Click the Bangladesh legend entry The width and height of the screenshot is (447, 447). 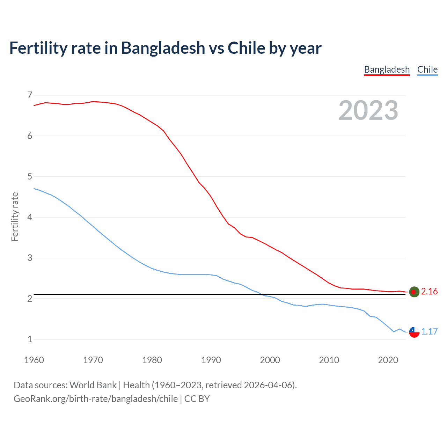click(x=387, y=69)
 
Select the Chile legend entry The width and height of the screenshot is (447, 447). click(x=427, y=69)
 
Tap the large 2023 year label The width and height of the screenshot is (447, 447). click(x=368, y=110)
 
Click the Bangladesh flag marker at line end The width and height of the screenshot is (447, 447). click(x=414, y=292)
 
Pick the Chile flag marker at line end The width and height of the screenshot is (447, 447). click(x=414, y=332)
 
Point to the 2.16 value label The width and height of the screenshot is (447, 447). click(x=429, y=292)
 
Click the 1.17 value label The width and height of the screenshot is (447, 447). click(x=429, y=332)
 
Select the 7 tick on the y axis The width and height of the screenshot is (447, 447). click(x=30, y=95)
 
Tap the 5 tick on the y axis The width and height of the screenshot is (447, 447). click(x=30, y=177)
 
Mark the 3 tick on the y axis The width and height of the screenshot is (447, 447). click(x=30, y=258)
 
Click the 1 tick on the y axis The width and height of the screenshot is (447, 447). click(x=30, y=339)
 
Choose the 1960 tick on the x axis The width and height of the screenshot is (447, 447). click(x=34, y=360)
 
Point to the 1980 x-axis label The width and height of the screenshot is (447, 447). click(x=152, y=360)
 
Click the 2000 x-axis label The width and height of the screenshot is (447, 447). click(x=270, y=360)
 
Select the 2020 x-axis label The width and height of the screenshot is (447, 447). click(x=388, y=360)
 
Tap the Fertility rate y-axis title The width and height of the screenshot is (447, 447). click(x=15, y=217)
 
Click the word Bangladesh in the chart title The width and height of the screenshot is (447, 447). click(x=163, y=48)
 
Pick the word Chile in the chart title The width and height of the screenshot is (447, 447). click(x=247, y=48)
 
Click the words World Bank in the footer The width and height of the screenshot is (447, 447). click(x=93, y=385)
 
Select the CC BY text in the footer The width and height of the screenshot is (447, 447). click(x=197, y=399)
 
